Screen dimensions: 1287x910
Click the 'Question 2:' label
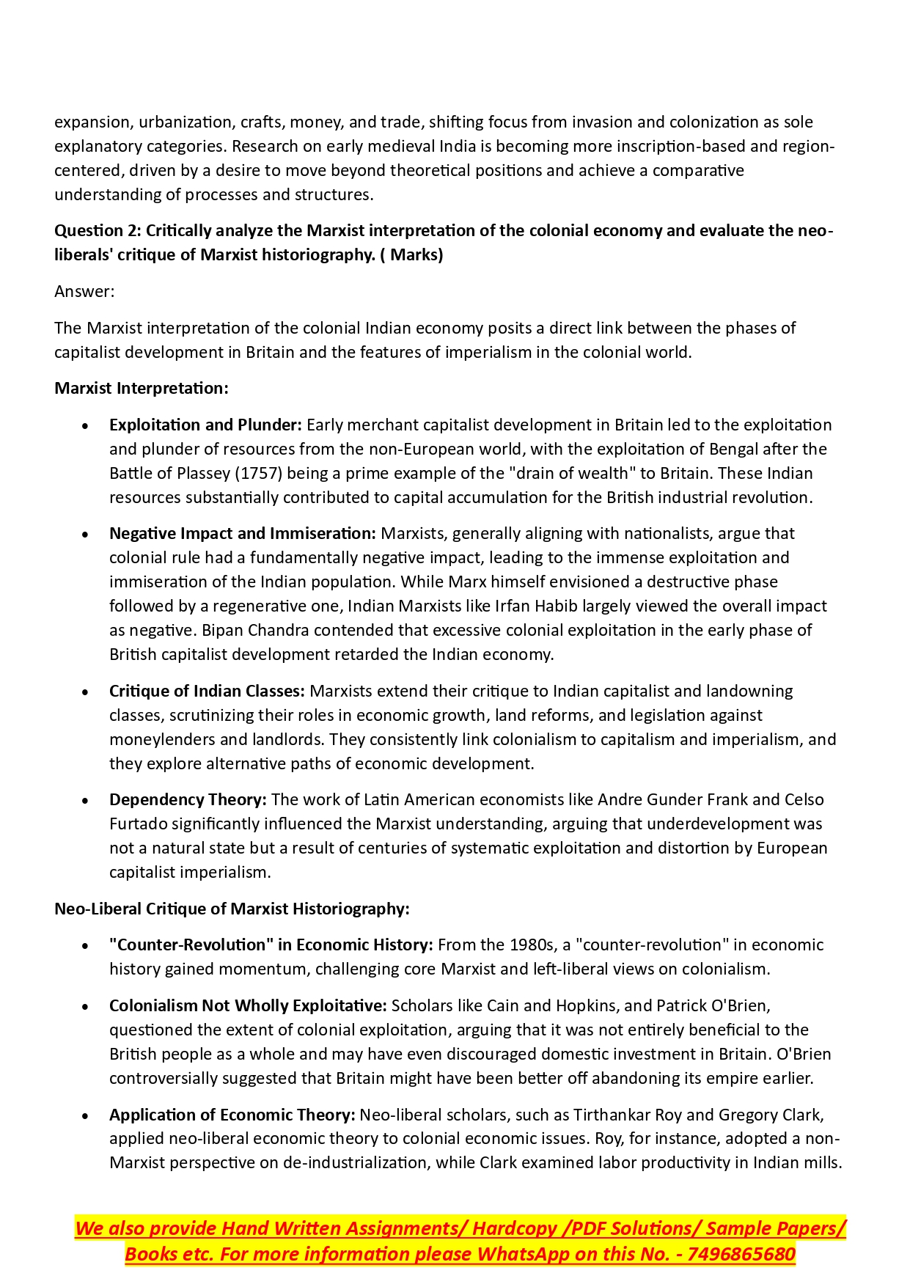[98, 231]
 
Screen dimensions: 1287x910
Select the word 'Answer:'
[84, 292]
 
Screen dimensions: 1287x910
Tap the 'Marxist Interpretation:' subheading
[142, 389]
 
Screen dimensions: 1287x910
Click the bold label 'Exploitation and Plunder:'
[205, 425]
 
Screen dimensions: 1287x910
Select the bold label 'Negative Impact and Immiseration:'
[243, 534]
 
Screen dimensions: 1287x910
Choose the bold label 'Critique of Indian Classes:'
[207, 692]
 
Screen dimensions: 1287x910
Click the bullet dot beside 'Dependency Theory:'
[86, 801]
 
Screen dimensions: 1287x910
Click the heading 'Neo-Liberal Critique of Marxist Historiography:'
[232, 909]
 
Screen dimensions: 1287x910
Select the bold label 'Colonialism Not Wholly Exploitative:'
[248, 1005]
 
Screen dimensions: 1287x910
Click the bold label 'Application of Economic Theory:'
[232, 1115]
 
